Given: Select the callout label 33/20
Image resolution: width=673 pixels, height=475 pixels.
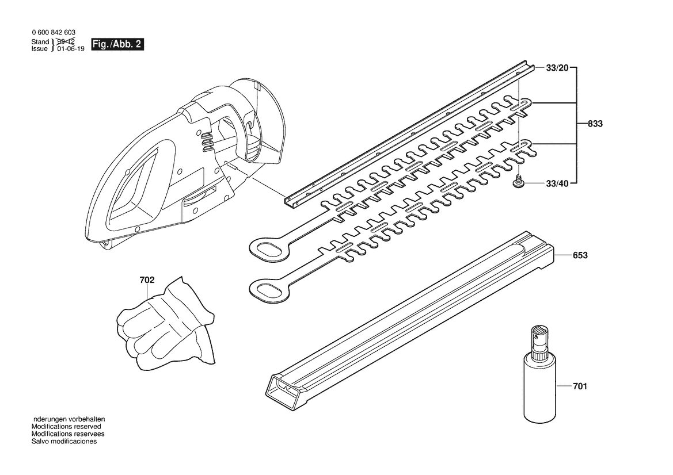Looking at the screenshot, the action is click(x=557, y=68).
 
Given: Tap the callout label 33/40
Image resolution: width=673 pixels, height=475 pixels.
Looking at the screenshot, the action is click(x=557, y=183).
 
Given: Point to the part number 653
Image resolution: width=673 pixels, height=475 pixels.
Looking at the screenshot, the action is click(x=580, y=255).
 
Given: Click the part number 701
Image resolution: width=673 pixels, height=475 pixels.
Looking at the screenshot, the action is click(x=580, y=386).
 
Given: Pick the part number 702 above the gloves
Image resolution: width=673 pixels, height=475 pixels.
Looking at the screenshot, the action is click(x=147, y=280).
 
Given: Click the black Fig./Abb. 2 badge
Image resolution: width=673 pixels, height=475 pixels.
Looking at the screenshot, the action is click(x=117, y=45).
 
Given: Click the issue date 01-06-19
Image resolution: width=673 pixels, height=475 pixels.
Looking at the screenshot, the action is click(x=71, y=49).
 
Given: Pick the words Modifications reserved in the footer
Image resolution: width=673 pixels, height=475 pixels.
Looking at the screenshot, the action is click(x=66, y=427).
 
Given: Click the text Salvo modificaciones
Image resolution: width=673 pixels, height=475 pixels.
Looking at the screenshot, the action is click(x=64, y=441).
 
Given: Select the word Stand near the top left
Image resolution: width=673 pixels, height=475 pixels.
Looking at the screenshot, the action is click(x=40, y=41).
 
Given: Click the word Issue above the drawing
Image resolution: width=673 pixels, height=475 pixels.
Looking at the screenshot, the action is click(x=40, y=49).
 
